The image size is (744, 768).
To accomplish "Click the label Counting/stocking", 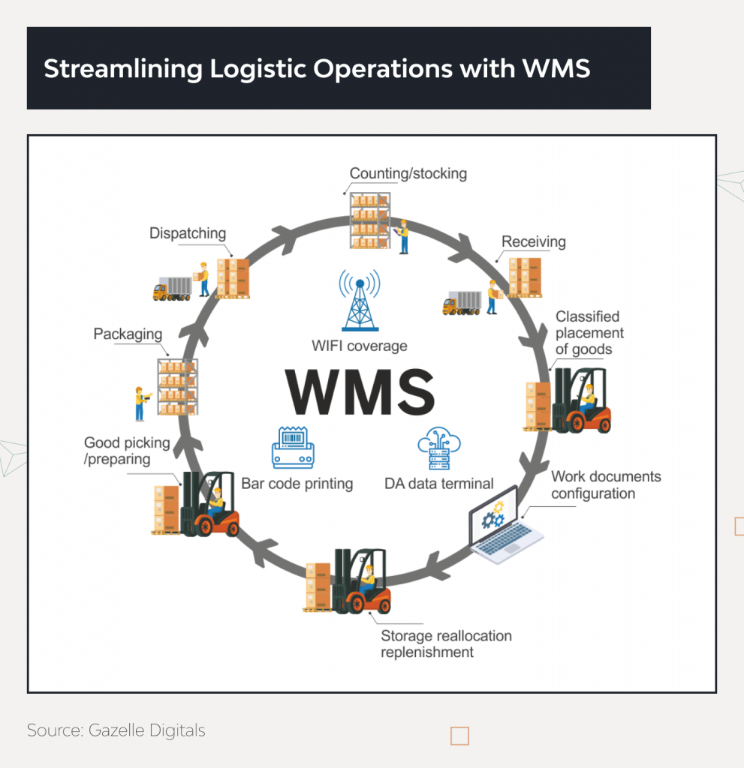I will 408,173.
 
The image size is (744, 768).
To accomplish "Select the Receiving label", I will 533,241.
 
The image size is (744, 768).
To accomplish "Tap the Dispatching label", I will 187,233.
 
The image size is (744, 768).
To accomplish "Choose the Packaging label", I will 128,334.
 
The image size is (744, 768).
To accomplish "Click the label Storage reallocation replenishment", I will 445,643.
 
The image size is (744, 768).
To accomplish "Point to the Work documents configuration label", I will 605,484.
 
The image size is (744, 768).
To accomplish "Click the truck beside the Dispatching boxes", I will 172,288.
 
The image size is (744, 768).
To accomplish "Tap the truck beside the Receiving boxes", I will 461,303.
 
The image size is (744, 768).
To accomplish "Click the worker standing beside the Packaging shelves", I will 140,403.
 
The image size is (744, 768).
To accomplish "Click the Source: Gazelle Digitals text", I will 116,730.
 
